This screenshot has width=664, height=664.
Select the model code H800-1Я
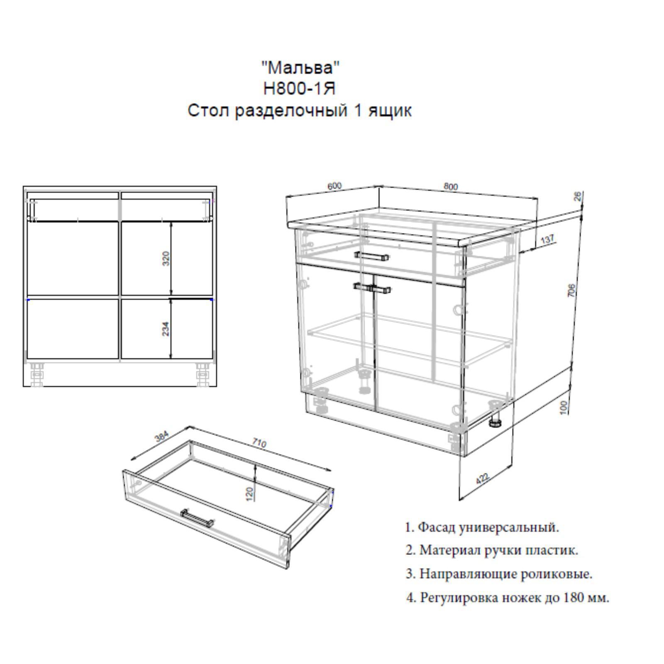pos(299,88)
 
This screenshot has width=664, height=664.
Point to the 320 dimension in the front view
pos(166,259)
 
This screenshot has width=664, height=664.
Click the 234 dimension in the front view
pos(166,329)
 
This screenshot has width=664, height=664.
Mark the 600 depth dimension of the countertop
pos(334,186)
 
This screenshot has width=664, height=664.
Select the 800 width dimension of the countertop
pos(451,187)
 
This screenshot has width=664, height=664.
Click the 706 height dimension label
pos(571,290)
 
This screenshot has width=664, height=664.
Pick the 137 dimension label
pos(548,239)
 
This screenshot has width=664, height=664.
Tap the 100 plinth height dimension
pos(563,407)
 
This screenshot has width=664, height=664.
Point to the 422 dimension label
pos(482,478)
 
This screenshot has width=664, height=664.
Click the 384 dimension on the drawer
pos(162,437)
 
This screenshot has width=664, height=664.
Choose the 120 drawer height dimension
pos(249,494)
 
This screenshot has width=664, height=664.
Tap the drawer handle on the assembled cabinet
pos(372,256)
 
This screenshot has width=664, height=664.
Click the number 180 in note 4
pos(572,598)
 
